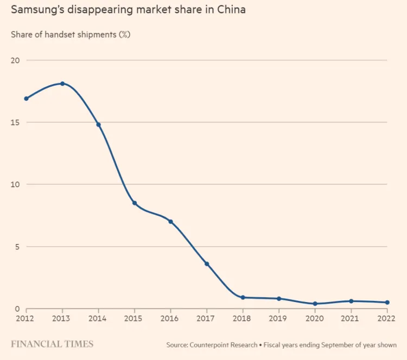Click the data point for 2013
click(x=62, y=83)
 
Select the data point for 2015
click(x=135, y=203)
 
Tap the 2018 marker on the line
click(x=243, y=298)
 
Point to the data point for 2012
click(x=26, y=99)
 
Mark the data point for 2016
click(x=170, y=222)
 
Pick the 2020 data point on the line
click(x=315, y=304)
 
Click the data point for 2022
click(x=387, y=303)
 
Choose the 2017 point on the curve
click(x=207, y=264)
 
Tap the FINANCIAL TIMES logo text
click(x=52, y=344)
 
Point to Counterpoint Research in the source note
click(x=223, y=345)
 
